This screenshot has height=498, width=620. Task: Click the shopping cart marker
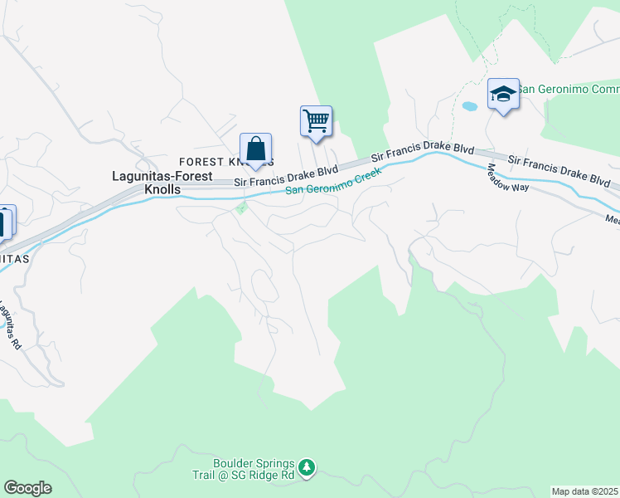(x=316, y=121)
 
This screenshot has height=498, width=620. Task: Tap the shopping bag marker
(x=256, y=149)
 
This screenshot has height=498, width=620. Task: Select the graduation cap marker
(x=503, y=94)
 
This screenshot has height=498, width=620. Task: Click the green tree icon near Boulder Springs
(x=307, y=469)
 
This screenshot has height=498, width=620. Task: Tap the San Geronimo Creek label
(x=332, y=181)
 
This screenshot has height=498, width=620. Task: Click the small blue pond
(x=469, y=107)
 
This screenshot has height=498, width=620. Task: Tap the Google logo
(x=27, y=488)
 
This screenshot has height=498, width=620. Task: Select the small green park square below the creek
(x=241, y=207)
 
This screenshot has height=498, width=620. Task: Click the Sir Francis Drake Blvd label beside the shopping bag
(x=286, y=174)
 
